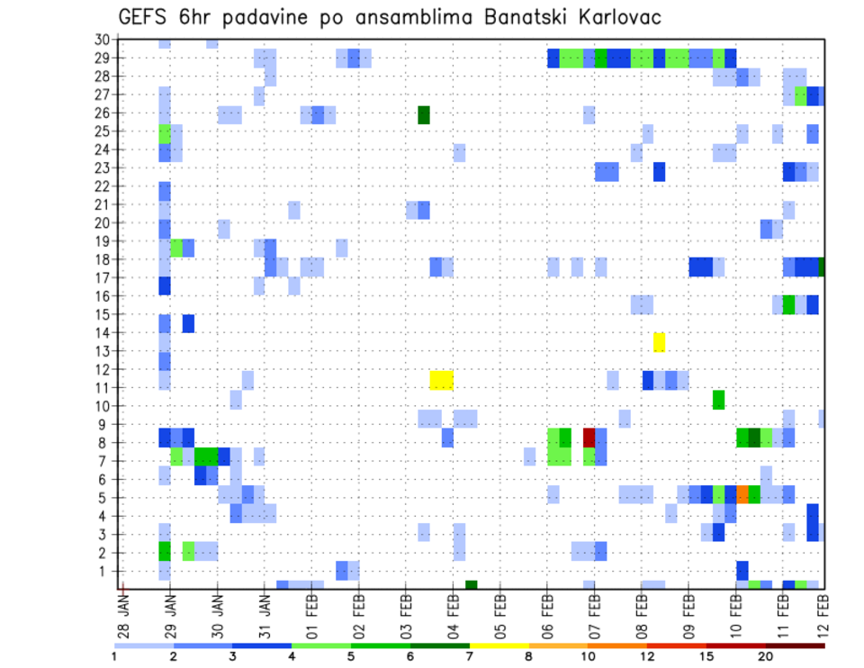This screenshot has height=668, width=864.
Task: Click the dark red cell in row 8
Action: pos(589,438)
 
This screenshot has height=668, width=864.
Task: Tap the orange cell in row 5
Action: pos(742,493)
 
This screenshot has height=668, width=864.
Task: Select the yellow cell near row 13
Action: pos(659,342)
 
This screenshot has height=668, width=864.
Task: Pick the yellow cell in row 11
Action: pos(441,380)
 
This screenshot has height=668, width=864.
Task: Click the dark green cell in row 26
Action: pos(424,114)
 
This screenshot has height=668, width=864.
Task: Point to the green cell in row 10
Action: pos(718,399)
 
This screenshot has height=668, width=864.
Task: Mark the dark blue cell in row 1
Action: pos(742,571)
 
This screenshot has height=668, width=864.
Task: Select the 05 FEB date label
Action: pos(500,611)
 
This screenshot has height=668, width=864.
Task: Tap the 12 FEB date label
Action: pos(823,611)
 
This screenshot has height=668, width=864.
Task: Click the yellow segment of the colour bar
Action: pos(499,645)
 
